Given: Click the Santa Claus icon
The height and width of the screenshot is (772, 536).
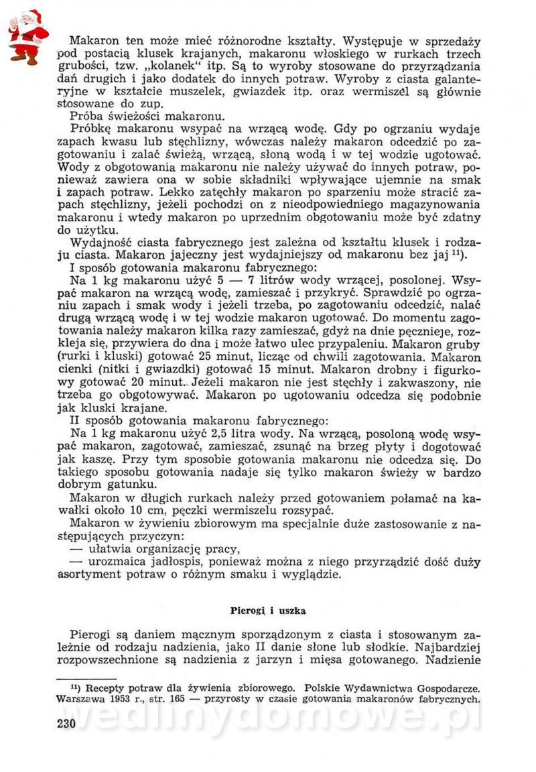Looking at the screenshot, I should [x=27, y=37].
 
